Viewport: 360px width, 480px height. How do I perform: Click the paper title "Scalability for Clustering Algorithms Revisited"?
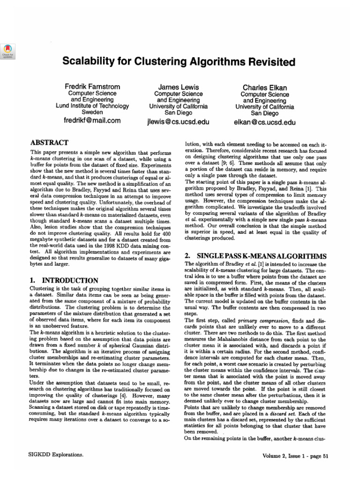click(179, 62)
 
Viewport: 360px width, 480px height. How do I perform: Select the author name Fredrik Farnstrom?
click(92, 87)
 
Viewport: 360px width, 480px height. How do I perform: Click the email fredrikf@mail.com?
click(92, 120)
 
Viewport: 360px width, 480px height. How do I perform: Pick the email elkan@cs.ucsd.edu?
click(265, 122)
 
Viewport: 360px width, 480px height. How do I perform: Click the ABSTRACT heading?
click(49, 142)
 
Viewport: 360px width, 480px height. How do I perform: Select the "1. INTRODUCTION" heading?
click(63, 280)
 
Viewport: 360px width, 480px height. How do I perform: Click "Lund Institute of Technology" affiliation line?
click(92, 106)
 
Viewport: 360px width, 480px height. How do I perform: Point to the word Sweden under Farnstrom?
click(92, 113)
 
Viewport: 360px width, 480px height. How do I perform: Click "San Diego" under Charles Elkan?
click(264, 113)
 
